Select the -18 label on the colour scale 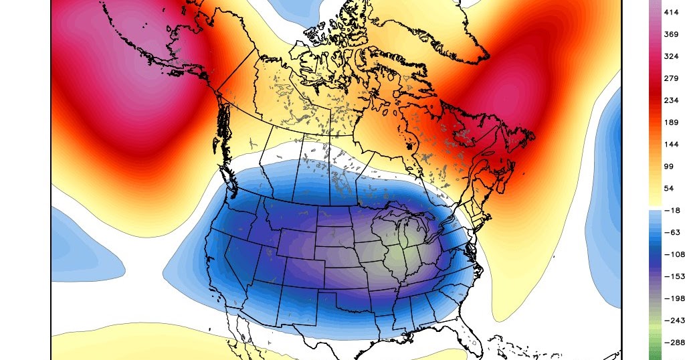(671, 211)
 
